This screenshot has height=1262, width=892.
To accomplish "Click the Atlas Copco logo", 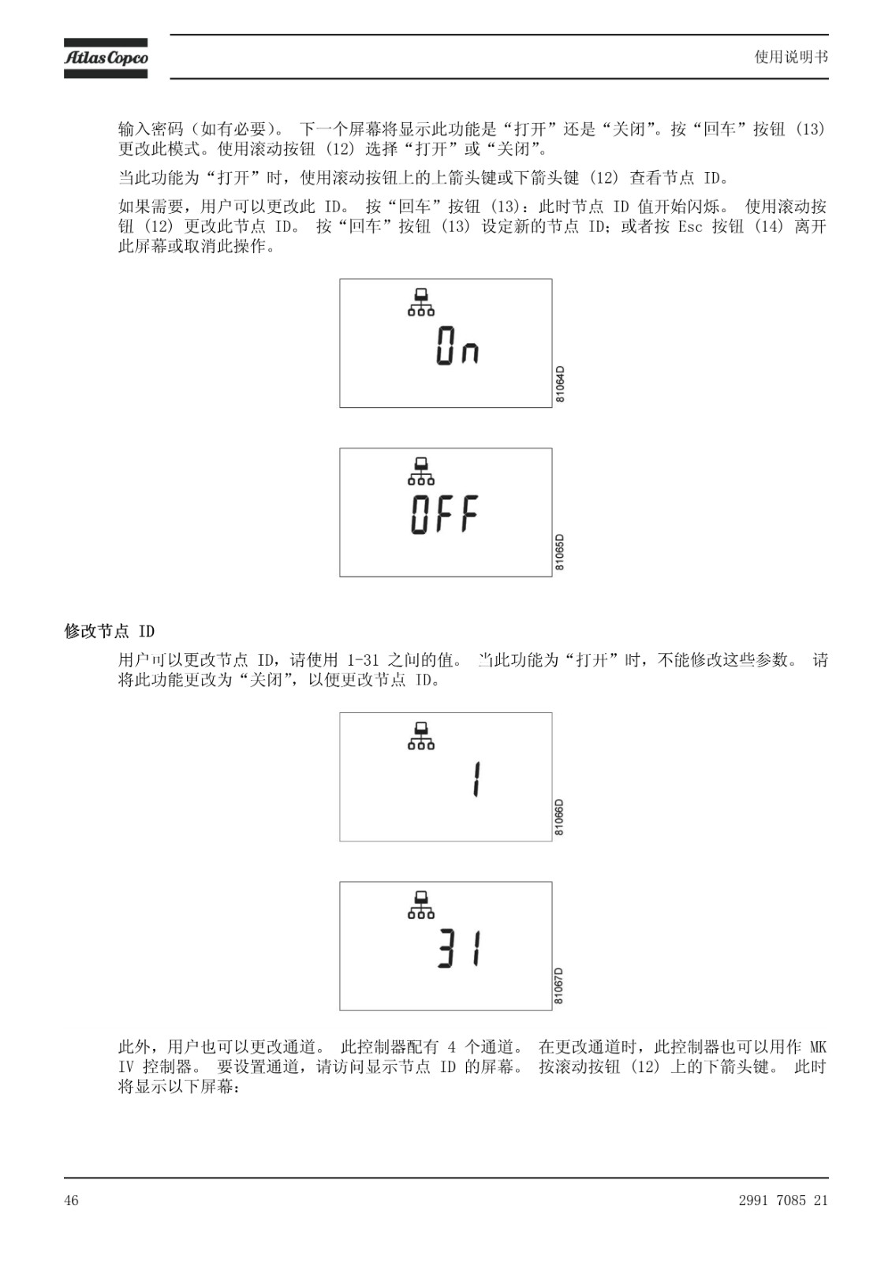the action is tap(106, 58).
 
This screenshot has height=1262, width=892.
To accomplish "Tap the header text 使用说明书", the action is tap(791, 57).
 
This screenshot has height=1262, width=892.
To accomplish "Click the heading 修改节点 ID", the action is tap(110, 631).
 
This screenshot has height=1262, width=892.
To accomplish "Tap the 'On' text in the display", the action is tap(457, 346).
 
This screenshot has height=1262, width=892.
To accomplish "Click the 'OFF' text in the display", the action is tap(445, 513).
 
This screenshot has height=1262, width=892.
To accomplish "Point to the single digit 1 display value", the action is tap(476, 779).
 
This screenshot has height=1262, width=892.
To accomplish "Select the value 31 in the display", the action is tap(460, 949).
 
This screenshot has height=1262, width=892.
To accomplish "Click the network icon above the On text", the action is tap(421, 302).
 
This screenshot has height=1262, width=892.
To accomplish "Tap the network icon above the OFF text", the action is tap(421, 471).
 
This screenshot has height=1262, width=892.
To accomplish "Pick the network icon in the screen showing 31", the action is tap(421, 905).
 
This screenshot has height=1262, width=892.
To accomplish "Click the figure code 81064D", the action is tap(559, 384).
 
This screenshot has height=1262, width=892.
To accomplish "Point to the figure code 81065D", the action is tap(559, 552).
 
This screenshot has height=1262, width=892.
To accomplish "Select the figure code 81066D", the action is tap(559, 817).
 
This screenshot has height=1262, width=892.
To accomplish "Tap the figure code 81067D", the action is tap(559, 986).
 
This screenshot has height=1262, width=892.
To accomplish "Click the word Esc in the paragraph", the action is tap(690, 226).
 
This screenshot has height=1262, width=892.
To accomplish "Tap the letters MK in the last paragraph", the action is tap(818, 1047).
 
